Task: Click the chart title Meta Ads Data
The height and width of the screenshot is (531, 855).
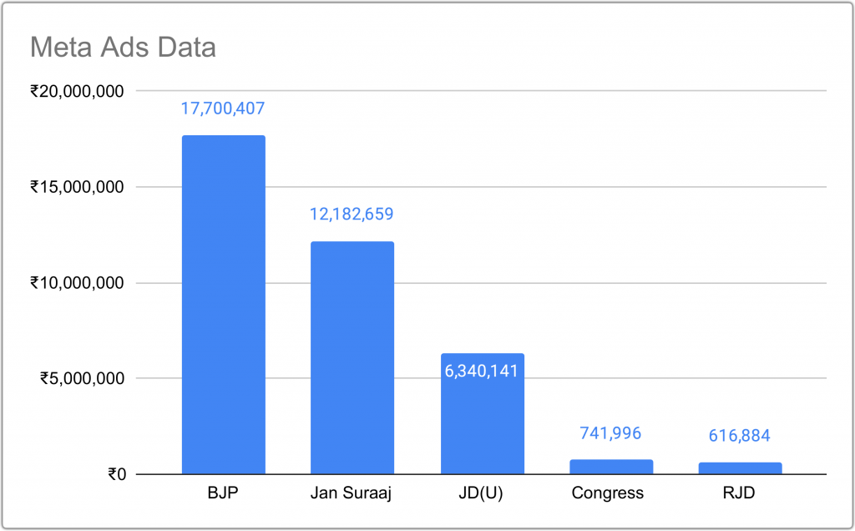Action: click(123, 47)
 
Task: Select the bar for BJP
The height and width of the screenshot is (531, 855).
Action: click(223, 305)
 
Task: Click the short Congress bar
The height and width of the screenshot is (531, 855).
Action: click(611, 467)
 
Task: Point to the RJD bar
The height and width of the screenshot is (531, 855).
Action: click(740, 468)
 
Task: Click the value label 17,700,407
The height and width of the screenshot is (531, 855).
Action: click(223, 108)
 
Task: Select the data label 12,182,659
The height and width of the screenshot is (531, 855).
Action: click(352, 214)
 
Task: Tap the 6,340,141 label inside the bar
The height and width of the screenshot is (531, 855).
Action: click(482, 370)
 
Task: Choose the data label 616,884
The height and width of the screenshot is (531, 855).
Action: click(740, 435)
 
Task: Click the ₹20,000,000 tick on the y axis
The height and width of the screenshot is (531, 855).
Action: click(78, 91)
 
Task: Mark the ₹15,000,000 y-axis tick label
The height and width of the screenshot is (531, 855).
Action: click(78, 187)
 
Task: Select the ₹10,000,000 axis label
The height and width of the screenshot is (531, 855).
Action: click(78, 283)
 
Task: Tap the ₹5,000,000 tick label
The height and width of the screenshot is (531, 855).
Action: click(83, 379)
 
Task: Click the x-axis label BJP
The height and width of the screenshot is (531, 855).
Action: click(223, 493)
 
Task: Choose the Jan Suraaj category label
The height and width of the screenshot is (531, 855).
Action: click(352, 493)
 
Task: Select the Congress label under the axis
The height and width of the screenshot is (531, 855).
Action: click(608, 493)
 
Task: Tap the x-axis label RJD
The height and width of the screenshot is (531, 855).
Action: click(740, 493)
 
